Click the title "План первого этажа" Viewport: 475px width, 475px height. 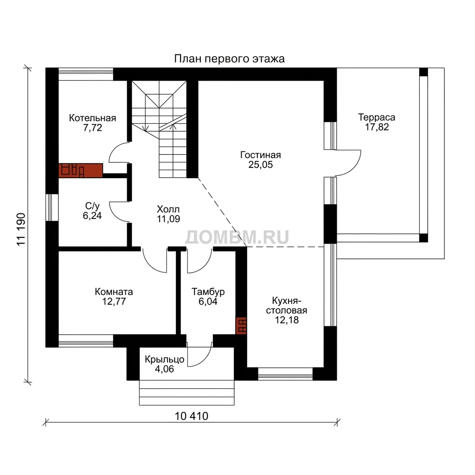pos(229,59)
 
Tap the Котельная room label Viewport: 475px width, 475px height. pos(92,118)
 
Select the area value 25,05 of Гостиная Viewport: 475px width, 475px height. pos(261,165)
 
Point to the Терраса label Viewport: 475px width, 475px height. pos(377,117)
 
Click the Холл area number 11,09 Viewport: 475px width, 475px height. pos(168,219)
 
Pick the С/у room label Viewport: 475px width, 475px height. pos(92,206)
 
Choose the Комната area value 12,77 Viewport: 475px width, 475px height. pos(114,302)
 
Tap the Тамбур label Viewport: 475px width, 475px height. pos(208,292)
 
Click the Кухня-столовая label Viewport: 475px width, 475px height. pos(287,306)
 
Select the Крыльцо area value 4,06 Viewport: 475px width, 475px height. pos(165,369)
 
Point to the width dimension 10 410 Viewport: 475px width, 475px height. pos(192,416)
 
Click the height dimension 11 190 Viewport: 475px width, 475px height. pos(21,229)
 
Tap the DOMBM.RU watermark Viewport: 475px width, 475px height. pos(237,237)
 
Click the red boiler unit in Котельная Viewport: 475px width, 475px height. pos(81,170)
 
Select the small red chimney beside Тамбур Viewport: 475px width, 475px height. pos(241,326)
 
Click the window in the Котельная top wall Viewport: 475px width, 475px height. pos(86,74)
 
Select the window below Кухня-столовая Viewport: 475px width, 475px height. pos(285,374)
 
